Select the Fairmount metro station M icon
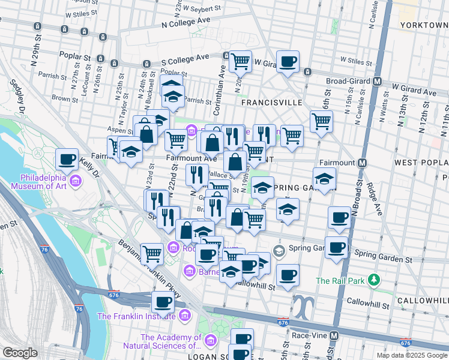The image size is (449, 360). (x=363, y=163)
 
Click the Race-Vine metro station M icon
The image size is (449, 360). (x=334, y=335)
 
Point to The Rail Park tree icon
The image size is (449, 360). (x=375, y=280)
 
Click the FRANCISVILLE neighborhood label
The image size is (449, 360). (x=271, y=103)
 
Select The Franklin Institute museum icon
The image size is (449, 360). (x=184, y=315)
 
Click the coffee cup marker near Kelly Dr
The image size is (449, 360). (x=67, y=160)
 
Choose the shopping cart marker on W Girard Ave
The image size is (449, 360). (x=240, y=61)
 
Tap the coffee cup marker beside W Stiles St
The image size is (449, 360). (x=288, y=61)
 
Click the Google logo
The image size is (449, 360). (x=20, y=353)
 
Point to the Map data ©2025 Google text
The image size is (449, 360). (x=412, y=355)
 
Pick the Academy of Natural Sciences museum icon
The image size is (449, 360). (x=210, y=341)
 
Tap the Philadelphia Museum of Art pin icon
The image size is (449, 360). (x=76, y=181)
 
